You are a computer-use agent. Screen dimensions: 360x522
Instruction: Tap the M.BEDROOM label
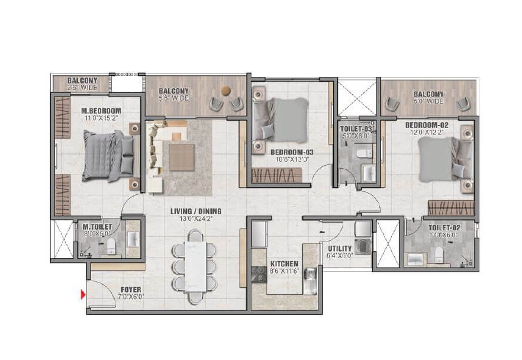(x=101, y=111)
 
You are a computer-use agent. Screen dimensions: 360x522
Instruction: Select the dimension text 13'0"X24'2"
(x=187, y=218)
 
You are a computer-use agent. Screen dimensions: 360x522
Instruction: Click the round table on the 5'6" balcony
(x=225, y=91)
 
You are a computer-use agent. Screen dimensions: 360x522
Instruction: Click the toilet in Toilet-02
(x=439, y=255)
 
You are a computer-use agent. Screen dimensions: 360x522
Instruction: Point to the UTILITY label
(x=340, y=249)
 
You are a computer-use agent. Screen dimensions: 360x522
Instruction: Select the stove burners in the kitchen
(x=259, y=274)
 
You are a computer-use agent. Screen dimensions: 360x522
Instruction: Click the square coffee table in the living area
(x=182, y=156)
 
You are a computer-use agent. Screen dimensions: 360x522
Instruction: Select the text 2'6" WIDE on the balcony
(x=82, y=88)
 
